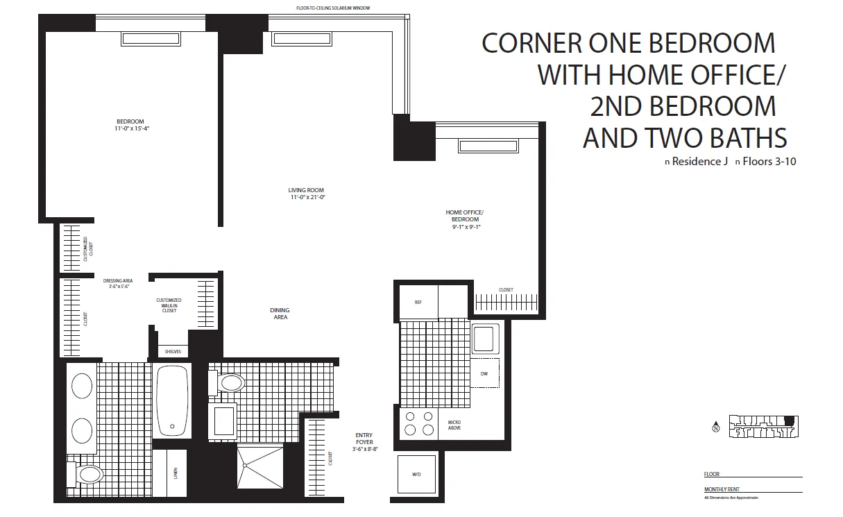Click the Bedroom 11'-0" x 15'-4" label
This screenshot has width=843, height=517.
coord(130,125)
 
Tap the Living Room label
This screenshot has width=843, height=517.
coord(306,194)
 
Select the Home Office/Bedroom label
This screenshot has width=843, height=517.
coord(464,219)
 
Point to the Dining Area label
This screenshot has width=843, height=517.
coord(280,314)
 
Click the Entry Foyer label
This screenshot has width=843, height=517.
coord(364,442)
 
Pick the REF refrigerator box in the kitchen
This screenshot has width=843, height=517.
coord(418,303)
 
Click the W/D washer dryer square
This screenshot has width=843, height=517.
coord(416,475)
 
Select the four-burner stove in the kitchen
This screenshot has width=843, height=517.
coord(418,423)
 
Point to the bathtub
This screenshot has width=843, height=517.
coord(173,401)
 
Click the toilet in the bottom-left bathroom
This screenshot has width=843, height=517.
coord(89,475)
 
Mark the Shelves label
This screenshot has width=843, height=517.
coord(173,352)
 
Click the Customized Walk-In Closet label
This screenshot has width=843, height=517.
coord(169,305)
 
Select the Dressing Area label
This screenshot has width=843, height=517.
coord(117,283)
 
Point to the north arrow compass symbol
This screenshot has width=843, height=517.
coord(715,427)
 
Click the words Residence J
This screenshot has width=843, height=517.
coord(695,162)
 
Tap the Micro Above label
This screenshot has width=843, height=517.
coord(454,425)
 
